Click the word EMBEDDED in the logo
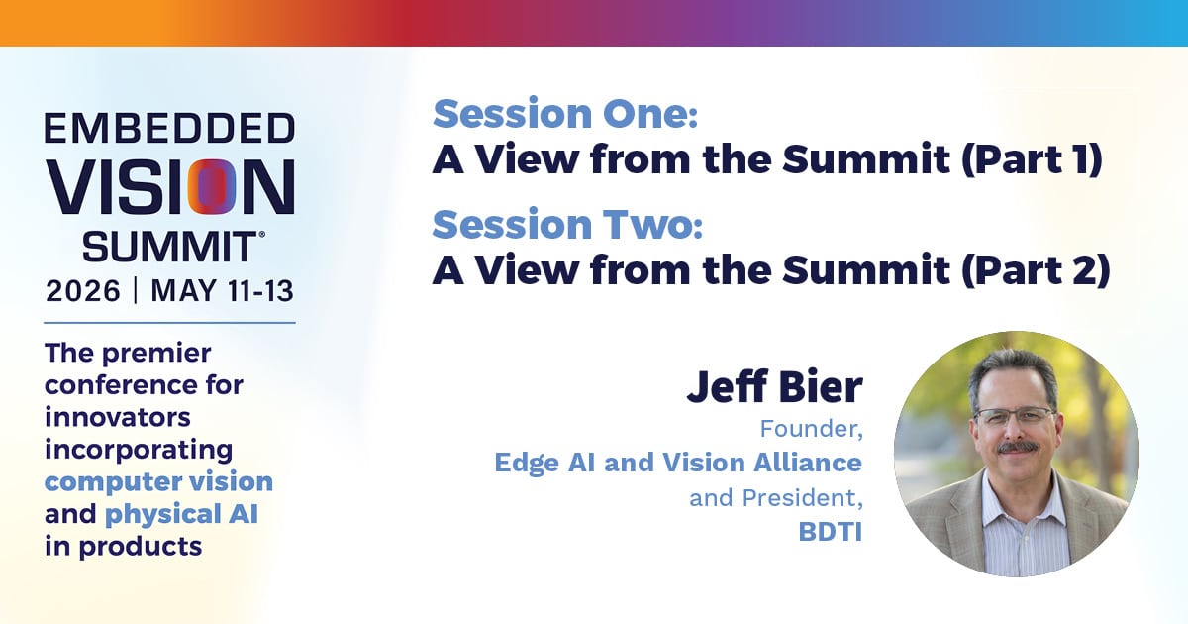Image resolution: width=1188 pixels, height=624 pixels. coord(169,128)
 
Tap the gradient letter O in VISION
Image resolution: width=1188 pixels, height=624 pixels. coord(212,187)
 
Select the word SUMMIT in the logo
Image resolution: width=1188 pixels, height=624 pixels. coord(169,247)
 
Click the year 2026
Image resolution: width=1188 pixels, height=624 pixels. coord(83,291)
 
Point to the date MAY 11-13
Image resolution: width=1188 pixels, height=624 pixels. coord(222,291)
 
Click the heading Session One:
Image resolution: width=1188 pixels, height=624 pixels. coord(565,114)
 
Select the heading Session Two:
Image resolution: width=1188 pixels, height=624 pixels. coord(568,225)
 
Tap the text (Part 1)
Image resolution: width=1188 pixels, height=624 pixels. coord(1032,159)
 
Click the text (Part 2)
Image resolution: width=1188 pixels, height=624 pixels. coord(1036,270)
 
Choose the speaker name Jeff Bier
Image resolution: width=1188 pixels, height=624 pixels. coord(775,387)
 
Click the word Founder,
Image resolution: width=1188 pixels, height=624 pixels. coord(812,429)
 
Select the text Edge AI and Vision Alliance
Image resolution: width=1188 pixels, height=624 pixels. coord(678,463)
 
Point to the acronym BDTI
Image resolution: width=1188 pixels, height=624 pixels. coord(831,532)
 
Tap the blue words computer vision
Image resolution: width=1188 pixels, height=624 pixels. coord(159,482)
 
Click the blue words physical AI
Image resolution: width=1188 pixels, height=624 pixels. coord(182,515)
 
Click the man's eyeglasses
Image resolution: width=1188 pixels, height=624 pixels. coord(1014,417)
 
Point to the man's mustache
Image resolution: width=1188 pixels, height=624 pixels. coord(1018,448)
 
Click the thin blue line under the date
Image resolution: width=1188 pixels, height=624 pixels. coord(169,323)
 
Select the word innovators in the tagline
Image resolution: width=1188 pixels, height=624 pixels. coord(118,417)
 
